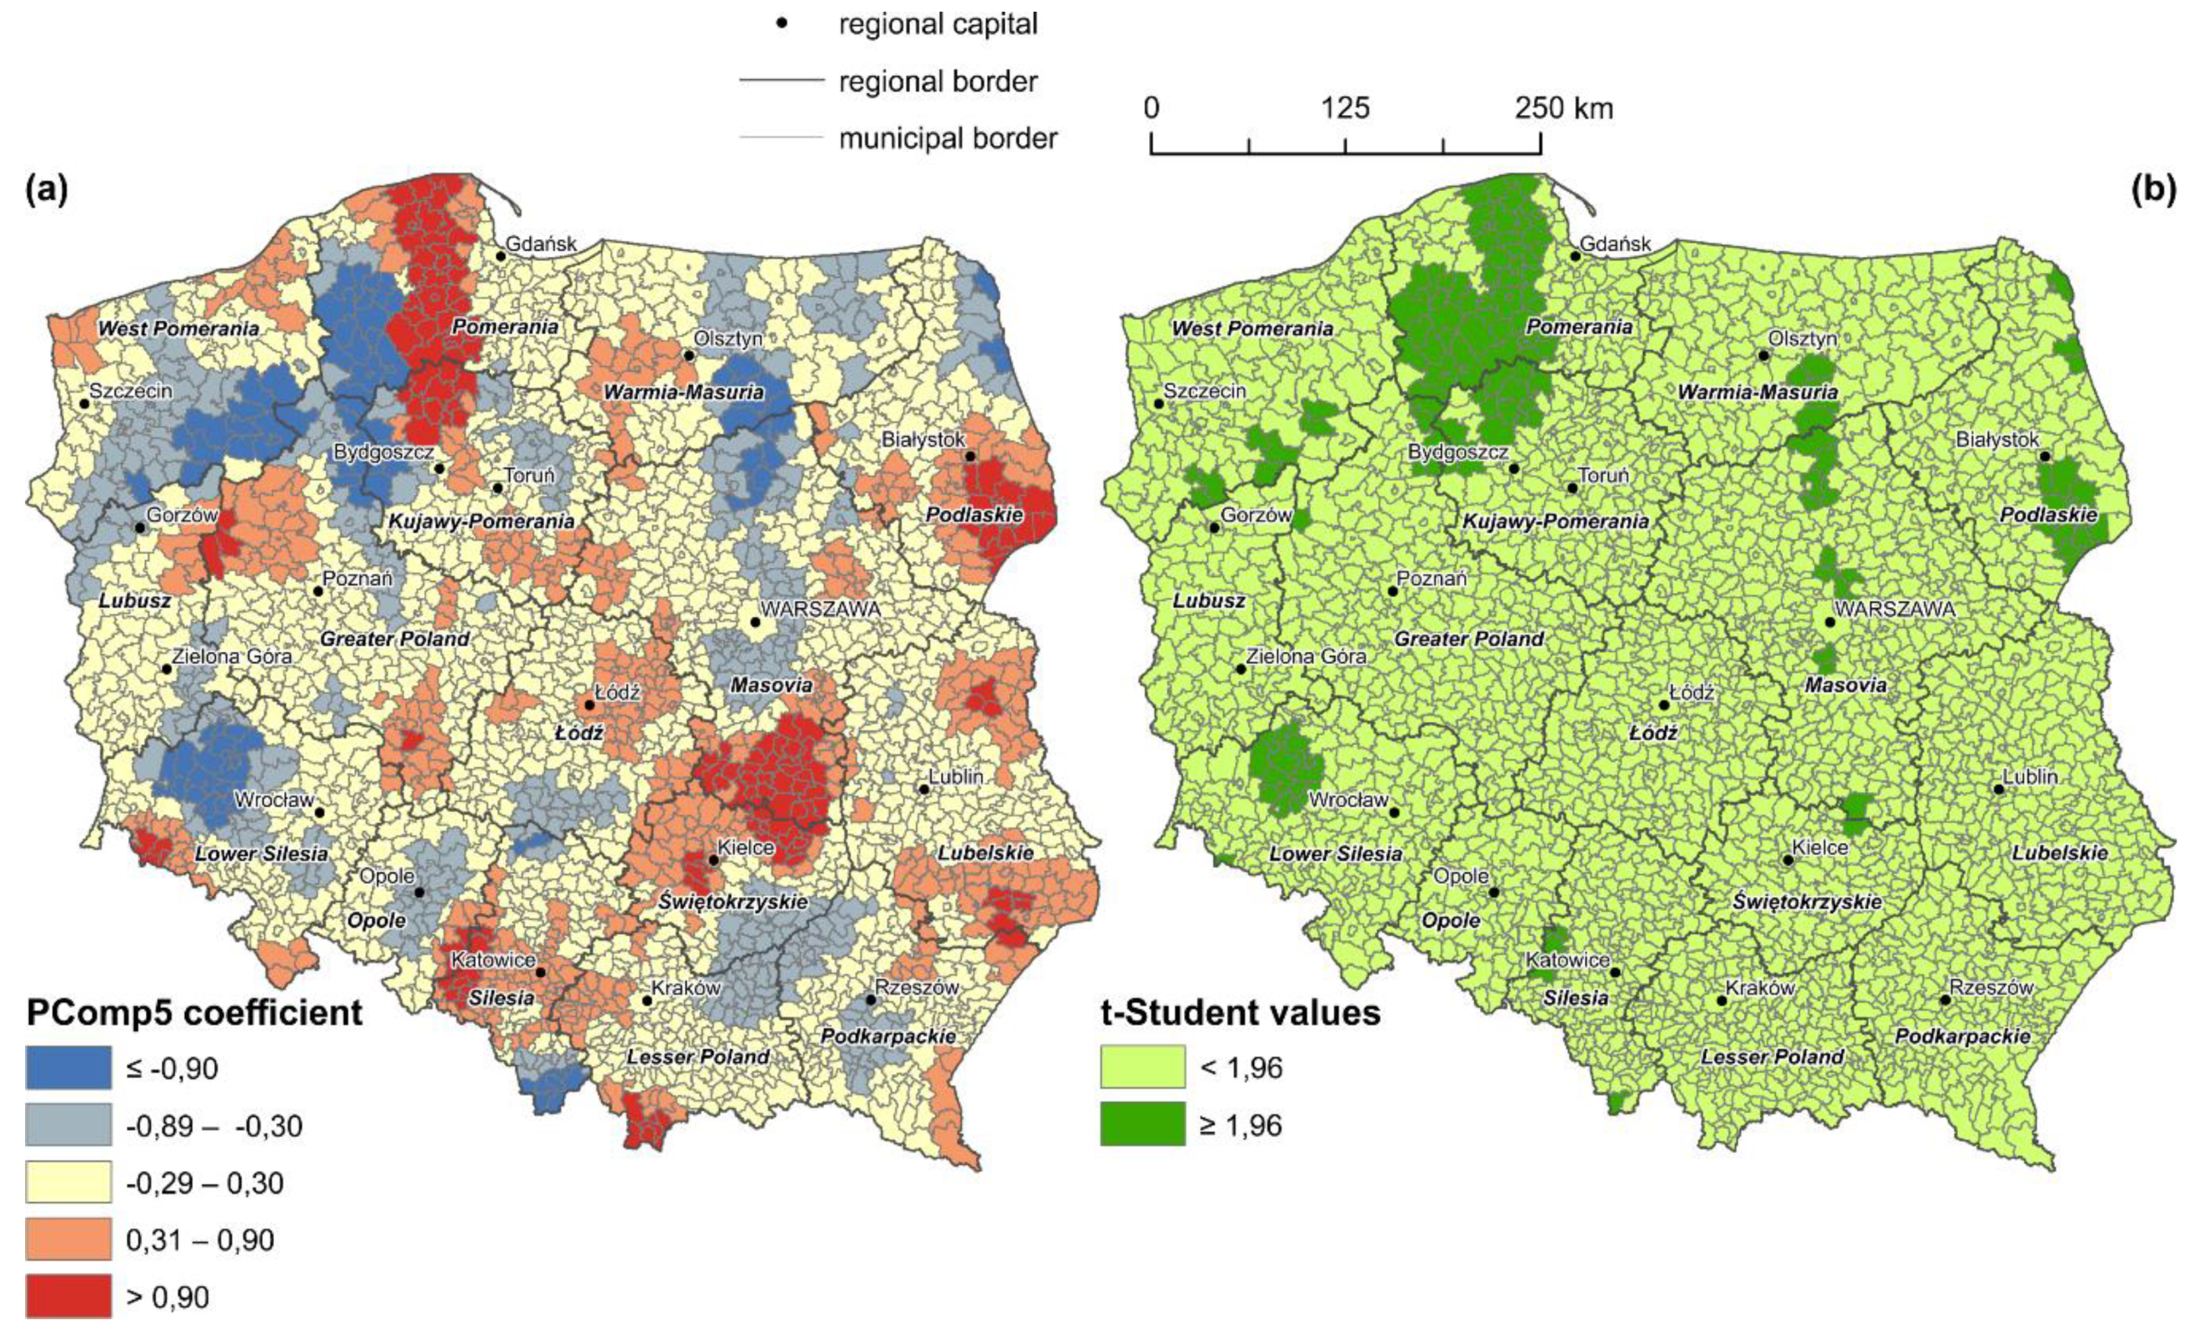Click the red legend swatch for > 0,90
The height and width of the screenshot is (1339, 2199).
68,1296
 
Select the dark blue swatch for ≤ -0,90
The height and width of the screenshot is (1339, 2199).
68,1068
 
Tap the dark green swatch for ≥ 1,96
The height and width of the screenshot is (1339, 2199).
1142,1124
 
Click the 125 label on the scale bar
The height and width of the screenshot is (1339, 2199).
1345,108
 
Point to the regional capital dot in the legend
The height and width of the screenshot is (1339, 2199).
782,24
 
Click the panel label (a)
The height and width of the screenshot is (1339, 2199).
47,190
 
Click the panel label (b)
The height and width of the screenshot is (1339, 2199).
2152,190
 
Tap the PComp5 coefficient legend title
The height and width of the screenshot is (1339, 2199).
194,1012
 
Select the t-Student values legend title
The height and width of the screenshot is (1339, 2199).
1241,1012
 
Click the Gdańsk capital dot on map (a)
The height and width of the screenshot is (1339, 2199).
502,256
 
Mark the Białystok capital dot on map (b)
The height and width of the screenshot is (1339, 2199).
2045,456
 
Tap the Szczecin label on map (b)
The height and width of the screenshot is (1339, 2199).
1205,391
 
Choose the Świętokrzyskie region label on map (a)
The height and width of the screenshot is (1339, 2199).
733,901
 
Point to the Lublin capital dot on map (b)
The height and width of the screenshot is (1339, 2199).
1999,789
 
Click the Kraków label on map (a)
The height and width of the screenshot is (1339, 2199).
686,989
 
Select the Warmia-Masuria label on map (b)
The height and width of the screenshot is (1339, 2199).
1757,393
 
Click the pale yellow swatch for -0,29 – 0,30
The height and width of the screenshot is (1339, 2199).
68,1182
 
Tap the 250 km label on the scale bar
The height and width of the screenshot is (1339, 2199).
1563,108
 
